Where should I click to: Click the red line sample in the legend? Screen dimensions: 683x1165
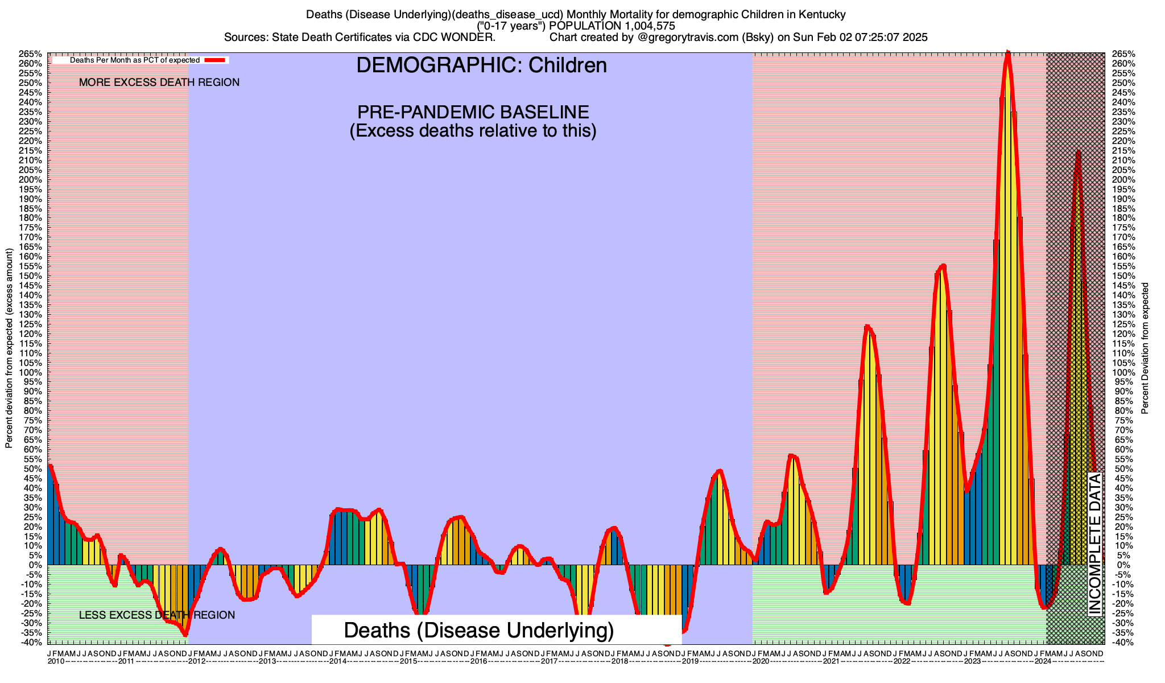216,60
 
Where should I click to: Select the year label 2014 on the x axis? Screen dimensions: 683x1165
338,661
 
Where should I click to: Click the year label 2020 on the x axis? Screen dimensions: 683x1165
761,661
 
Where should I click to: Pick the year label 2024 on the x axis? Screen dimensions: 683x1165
1043,661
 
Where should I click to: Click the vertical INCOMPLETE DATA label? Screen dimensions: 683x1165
1094,544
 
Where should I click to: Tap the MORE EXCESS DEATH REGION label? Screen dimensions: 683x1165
159,83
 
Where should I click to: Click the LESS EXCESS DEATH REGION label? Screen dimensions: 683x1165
156,615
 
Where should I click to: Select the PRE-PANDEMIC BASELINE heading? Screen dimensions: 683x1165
473,112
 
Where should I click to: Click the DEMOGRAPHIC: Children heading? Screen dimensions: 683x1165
481,65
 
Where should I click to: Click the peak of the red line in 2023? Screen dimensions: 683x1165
1007,52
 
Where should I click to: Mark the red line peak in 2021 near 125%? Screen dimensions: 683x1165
866,326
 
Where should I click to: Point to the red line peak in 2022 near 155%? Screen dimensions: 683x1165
943,265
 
